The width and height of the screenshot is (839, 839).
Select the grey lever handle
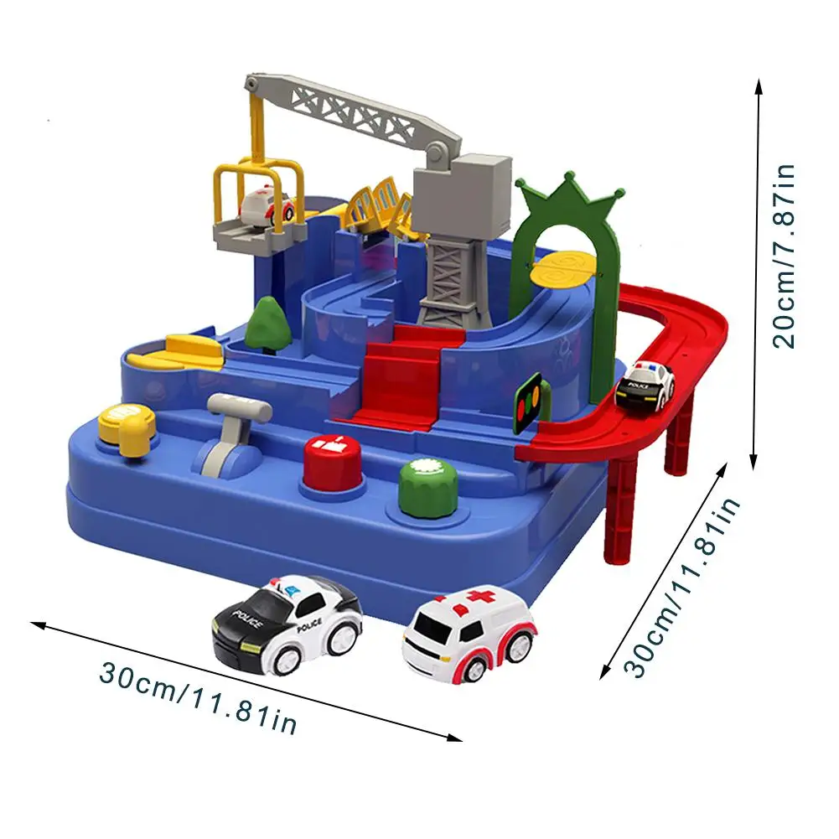pos(239,408)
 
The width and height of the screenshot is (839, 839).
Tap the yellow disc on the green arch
pos(568,268)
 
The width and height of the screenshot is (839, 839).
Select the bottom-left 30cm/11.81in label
pos(198,696)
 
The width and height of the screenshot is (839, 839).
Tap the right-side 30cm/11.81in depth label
pos(683,587)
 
